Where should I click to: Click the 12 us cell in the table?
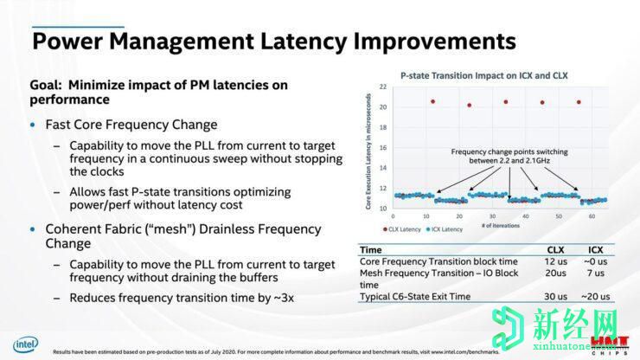(554, 260)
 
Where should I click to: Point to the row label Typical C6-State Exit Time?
(415, 297)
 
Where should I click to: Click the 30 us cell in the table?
(554, 297)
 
